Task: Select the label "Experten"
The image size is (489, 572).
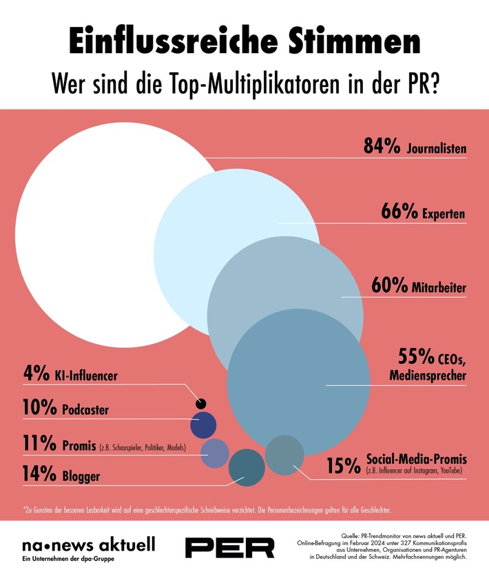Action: tap(443, 214)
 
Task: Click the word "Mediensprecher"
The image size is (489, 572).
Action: tap(427, 375)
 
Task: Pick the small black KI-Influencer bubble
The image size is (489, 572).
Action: tap(201, 403)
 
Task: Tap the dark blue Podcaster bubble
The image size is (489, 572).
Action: tap(203, 425)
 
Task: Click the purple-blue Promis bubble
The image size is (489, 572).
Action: tap(214, 452)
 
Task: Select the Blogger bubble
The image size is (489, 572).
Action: tap(246, 464)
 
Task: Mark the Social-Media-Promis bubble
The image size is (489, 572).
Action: tap(284, 455)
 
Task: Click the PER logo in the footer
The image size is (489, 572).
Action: tap(230, 547)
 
